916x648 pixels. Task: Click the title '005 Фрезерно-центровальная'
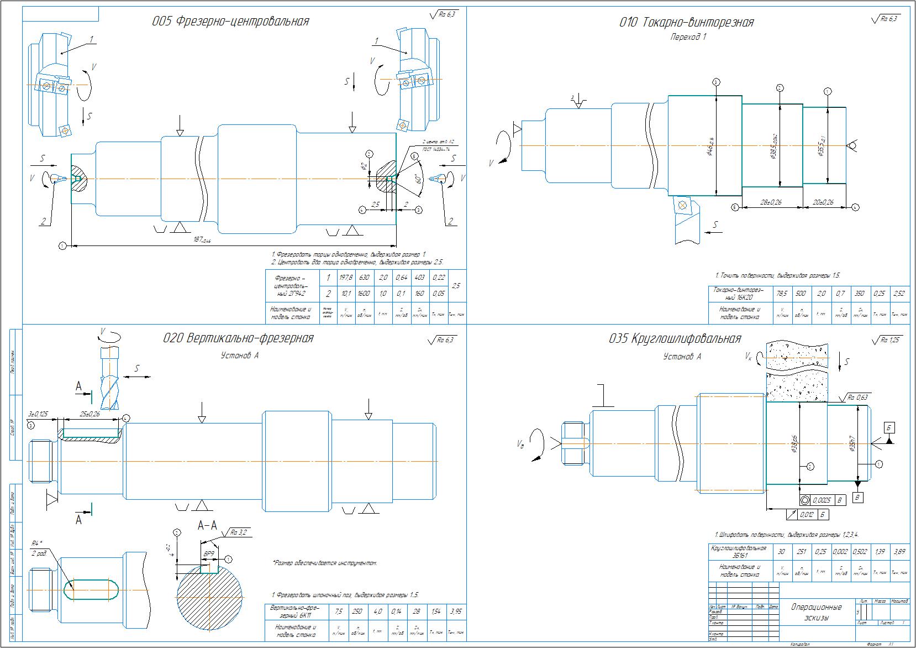point(230,22)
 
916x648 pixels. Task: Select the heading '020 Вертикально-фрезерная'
point(238,338)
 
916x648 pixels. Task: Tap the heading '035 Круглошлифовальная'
point(674,338)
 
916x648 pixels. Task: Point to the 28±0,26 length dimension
point(772,202)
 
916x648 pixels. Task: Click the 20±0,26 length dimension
point(823,202)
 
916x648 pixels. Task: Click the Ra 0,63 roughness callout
point(858,397)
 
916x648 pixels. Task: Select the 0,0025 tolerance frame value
point(822,500)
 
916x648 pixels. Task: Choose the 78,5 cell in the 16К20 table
point(782,293)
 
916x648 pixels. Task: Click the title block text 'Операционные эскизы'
point(816,612)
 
